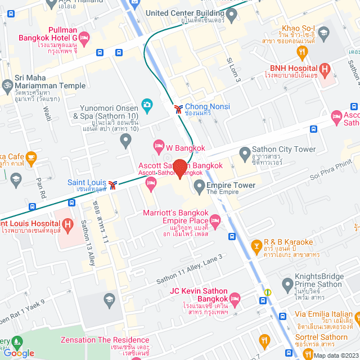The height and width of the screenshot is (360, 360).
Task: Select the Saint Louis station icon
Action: click(x=113, y=184)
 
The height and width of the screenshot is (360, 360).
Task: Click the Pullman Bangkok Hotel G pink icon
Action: click(x=84, y=38)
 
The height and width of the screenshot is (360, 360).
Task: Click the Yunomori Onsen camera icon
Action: click(x=147, y=104)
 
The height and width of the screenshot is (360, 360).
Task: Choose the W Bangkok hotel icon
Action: click(x=159, y=147)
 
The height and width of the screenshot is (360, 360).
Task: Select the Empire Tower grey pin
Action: click(x=198, y=186)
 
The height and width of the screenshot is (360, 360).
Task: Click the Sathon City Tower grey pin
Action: click(x=245, y=152)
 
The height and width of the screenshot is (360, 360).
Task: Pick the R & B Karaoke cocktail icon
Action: click(x=256, y=246)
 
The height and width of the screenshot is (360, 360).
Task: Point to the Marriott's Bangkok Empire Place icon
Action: click(x=215, y=225)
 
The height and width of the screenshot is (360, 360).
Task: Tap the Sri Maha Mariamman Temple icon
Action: click(x=7, y=85)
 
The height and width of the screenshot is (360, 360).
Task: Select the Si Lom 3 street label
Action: click(x=233, y=69)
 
